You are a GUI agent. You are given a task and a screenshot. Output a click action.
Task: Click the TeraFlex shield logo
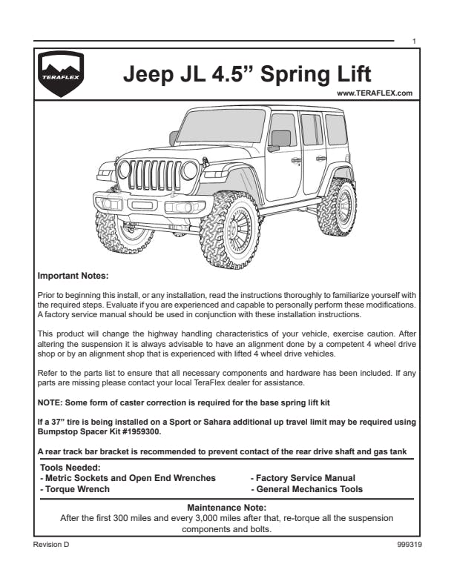[x=62, y=75]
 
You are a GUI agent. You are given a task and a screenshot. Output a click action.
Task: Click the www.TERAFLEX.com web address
[x=374, y=93]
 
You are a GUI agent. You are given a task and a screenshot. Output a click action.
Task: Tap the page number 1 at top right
[x=413, y=41]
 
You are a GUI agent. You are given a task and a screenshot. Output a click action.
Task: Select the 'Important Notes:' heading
[x=73, y=276]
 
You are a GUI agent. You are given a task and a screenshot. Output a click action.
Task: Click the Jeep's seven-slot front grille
[x=154, y=176]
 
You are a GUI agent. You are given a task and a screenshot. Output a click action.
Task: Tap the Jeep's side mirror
[x=280, y=139]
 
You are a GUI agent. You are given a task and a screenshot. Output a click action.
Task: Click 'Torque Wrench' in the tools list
[x=75, y=489]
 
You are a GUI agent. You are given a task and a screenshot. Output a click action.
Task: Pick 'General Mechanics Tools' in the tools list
[x=307, y=489]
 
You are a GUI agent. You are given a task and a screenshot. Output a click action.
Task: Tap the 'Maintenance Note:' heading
[x=226, y=508]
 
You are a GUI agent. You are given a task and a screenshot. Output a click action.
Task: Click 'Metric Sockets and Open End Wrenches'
[x=127, y=478]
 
